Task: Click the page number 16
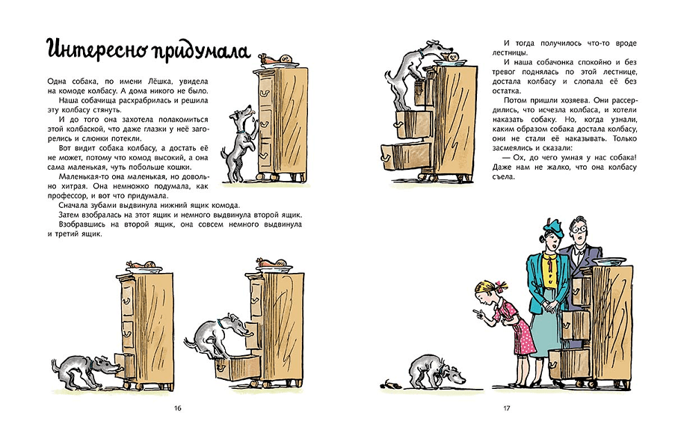[x=177, y=408]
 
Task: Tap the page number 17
[x=506, y=408]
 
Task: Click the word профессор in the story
[x=67, y=196]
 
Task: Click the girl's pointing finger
[x=476, y=311]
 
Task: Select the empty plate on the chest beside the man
[x=609, y=261]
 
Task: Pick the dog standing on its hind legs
[x=239, y=143]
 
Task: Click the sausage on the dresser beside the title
[x=276, y=59]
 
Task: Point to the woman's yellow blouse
[x=551, y=269]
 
